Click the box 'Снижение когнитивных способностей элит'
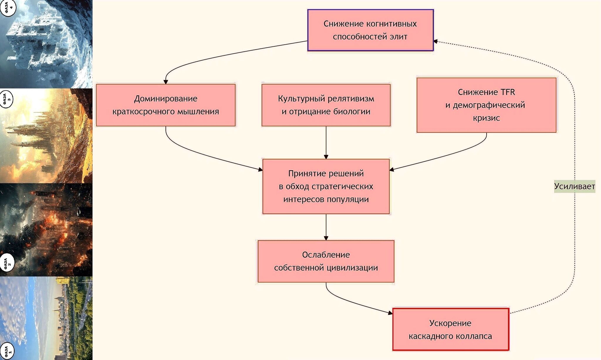pos(370,30)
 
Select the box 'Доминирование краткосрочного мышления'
pos(166,105)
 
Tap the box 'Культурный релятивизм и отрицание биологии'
pos(326,105)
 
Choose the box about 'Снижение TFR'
pos(486,105)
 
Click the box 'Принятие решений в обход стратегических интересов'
pos(326,186)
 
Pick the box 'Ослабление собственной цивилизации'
pos(326,261)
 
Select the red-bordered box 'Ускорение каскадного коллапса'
pos(450,329)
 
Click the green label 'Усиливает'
pos(574,186)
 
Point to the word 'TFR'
pos(508,92)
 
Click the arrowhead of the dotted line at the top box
pos(436,41)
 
